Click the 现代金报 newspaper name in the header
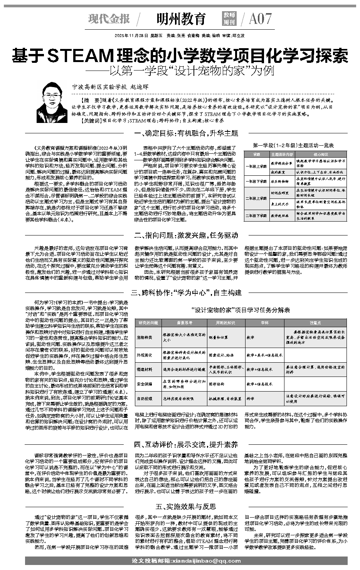pos(109,18)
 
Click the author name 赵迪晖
pos(140,87)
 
